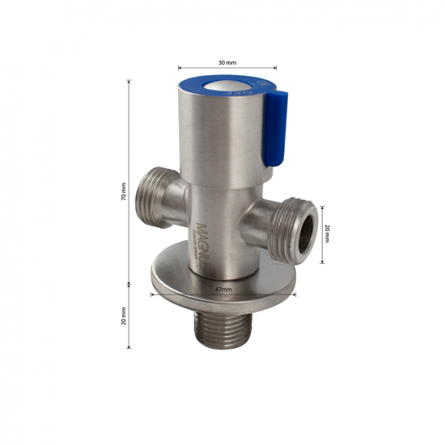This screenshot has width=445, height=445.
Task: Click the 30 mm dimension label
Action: coord(227,62)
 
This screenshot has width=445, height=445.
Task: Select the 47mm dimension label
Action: coord(223,288)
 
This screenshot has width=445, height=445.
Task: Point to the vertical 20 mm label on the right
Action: coord(328,234)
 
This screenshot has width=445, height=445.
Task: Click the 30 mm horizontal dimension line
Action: coord(227,69)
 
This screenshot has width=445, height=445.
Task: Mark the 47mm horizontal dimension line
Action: coord(223,295)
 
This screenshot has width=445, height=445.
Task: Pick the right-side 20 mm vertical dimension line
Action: coord(323,233)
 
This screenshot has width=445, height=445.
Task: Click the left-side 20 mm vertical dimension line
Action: coord(129,316)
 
